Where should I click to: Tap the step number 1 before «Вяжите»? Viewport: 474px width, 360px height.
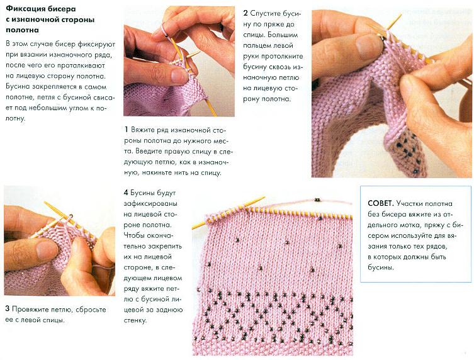(x=126, y=130)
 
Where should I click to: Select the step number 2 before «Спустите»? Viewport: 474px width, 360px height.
(x=245, y=13)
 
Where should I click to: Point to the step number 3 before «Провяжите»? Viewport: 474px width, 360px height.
(x=8, y=309)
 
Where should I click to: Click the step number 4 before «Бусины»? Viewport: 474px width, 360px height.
(x=126, y=193)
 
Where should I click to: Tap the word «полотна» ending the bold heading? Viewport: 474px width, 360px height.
(x=23, y=30)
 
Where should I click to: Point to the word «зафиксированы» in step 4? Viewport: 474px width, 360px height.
(x=150, y=203)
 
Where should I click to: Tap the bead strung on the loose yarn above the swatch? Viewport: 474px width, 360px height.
(x=317, y=200)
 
